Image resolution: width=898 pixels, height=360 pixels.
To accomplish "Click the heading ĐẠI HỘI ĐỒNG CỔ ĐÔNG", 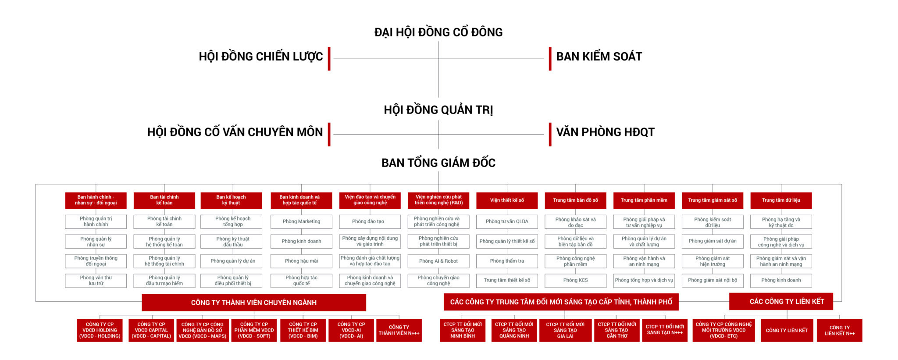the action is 438,32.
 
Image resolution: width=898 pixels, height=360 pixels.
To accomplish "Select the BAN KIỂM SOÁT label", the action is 599,57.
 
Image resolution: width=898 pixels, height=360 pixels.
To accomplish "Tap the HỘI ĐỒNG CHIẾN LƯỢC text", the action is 260,57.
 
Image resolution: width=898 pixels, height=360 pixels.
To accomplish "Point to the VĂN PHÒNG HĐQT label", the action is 605,132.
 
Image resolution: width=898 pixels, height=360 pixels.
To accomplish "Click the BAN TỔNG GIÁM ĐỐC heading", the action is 438,163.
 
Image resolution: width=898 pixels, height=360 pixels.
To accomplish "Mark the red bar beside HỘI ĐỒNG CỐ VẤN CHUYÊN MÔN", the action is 329,134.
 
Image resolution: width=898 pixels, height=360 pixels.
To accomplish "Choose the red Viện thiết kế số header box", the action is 507,200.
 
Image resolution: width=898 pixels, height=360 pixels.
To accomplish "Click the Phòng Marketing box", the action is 301,221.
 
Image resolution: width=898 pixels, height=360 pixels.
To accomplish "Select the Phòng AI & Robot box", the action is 438,261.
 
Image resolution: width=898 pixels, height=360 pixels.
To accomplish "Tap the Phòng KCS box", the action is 575,280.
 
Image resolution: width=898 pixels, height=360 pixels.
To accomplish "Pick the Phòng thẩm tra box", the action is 507,261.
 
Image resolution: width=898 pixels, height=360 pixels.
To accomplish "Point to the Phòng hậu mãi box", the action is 301,261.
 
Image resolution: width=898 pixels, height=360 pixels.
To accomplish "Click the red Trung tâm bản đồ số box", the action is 575,200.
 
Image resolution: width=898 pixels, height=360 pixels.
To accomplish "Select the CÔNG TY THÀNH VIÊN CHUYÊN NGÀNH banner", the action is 254,303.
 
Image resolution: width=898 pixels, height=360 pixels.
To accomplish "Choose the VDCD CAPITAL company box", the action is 151,330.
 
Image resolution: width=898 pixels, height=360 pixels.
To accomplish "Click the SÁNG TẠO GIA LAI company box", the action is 565,330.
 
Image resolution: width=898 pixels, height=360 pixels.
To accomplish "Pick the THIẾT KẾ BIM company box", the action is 303,330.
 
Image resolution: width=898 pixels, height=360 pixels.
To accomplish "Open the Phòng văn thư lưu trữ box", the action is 96,281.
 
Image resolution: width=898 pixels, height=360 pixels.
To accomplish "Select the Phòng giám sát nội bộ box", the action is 713,280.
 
